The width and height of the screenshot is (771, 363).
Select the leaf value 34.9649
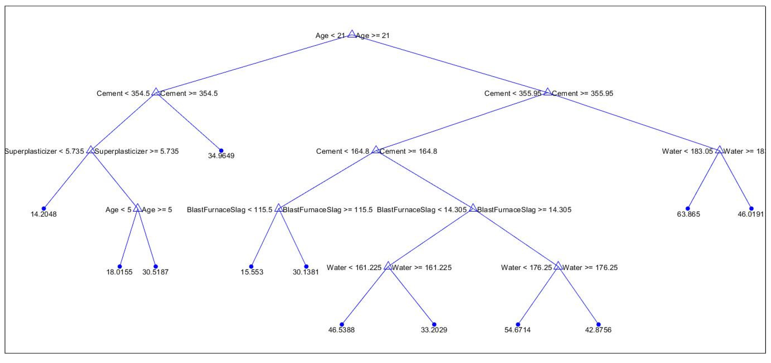click(221, 156)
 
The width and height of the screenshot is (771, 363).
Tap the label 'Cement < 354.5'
click(123, 93)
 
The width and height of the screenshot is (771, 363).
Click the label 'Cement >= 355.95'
click(582, 93)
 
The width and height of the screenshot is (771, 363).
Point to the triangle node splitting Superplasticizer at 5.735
click(90, 150)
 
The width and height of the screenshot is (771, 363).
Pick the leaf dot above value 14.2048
click(44, 208)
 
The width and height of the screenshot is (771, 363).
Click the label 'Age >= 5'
click(157, 210)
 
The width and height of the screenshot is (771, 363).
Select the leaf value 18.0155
click(119, 272)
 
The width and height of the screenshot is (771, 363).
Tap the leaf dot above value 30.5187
click(155, 266)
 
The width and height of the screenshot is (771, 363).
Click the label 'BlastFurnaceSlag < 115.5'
click(229, 210)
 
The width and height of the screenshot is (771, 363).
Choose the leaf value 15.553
click(252, 272)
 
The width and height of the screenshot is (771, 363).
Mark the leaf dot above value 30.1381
click(306, 266)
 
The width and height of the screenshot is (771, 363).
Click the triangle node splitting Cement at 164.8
click(376, 150)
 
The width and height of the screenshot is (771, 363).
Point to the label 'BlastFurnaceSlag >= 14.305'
click(524, 210)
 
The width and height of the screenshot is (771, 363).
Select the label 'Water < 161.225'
click(354, 267)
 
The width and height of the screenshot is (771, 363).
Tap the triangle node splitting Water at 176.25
click(558, 266)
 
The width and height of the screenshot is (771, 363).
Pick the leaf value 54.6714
click(518, 330)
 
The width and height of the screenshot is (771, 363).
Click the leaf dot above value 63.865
click(688, 208)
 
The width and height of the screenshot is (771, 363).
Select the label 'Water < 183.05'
click(687, 151)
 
